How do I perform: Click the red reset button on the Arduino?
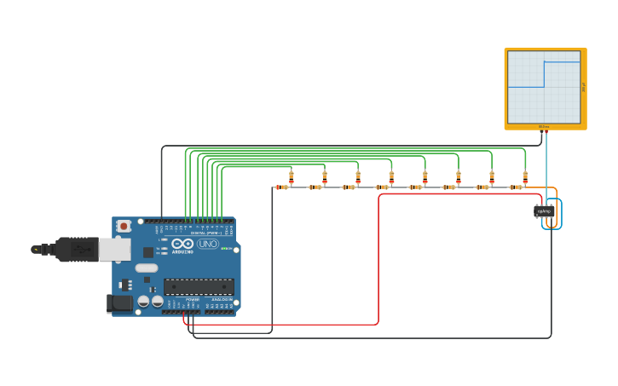(124, 226)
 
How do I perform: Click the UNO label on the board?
(207, 244)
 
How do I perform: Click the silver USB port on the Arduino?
(114, 249)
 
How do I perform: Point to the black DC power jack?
(120, 302)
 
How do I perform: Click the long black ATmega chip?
(198, 286)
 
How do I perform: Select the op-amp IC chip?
(543, 211)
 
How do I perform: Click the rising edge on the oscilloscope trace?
(544, 74)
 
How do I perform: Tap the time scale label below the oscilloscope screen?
(544, 127)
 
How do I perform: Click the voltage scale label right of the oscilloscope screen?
(584, 87)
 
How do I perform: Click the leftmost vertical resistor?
(291, 177)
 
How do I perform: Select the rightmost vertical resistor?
(525, 177)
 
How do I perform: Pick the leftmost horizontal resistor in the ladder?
(281, 187)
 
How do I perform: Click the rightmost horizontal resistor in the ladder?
(516, 187)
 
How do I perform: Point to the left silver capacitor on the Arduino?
(143, 301)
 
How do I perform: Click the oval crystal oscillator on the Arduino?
(147, 268)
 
